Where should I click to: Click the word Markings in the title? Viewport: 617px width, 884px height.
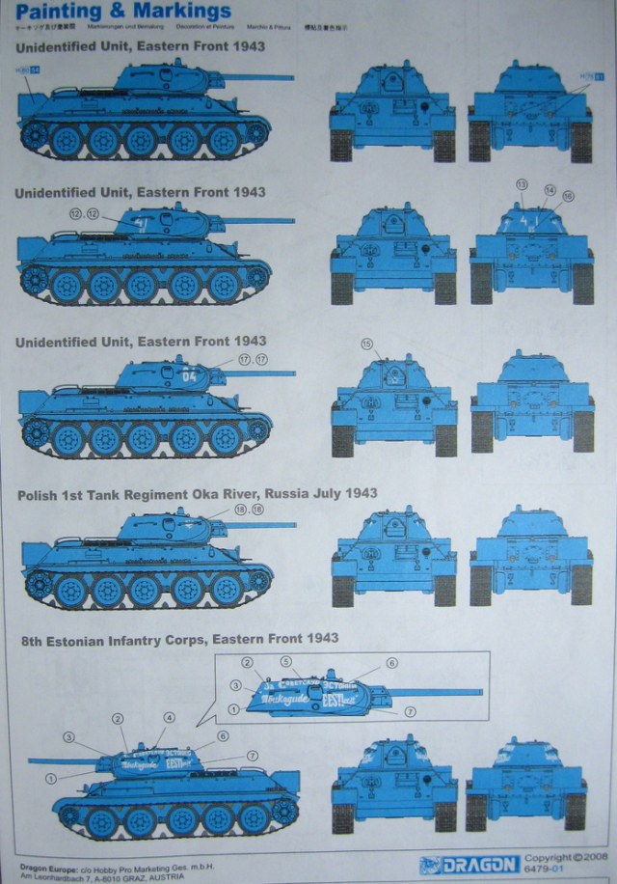tap(182, 12)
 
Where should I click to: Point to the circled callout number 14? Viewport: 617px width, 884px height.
tap(550, 190)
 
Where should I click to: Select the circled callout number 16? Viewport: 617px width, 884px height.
tap(568, 196)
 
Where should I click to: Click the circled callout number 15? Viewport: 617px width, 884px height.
tap(366, 344)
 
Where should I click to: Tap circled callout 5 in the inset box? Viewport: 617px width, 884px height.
tap(285, 661)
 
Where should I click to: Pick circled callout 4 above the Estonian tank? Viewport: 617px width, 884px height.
tap(169, 718)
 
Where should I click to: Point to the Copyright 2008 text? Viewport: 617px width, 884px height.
tap(568, 857)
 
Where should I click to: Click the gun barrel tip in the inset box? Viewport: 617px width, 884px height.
tap(479, 691)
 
